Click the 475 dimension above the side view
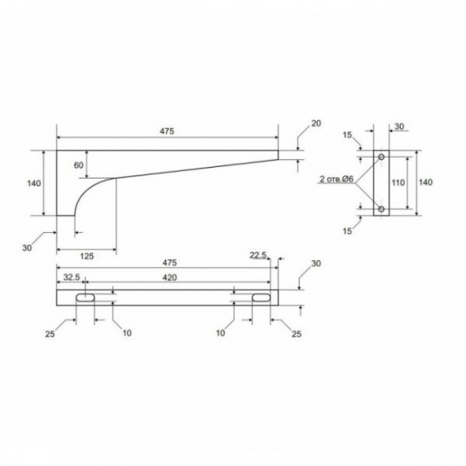167,131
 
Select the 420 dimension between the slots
169,278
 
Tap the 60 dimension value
79,165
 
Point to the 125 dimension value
87,256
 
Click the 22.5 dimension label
258,255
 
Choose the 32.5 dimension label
72,277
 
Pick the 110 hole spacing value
398,182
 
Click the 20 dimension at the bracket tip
316,124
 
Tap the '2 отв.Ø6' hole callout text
336,180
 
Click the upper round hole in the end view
381,157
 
